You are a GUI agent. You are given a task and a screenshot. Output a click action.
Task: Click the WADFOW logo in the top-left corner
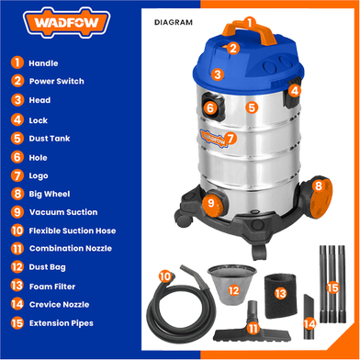tap(66, 23)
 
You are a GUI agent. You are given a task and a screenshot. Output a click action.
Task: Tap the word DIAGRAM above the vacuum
tap(174, 22)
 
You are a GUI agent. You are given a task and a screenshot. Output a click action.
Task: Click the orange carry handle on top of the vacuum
tap(250, 31)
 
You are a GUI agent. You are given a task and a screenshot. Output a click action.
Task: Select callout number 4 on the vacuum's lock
tap(294, 91)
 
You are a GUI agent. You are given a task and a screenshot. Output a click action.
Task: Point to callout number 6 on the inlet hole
tap(210, 107)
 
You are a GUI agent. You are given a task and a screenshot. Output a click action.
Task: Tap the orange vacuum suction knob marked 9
tap(212, 203)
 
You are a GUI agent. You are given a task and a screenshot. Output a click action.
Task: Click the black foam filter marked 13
tap(280, 295)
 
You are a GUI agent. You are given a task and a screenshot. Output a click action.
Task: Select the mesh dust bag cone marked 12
tap(232, 286)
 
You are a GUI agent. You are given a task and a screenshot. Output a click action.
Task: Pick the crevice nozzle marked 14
tap(309, 317)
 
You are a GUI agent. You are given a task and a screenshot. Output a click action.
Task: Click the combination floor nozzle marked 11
tap(253, 326)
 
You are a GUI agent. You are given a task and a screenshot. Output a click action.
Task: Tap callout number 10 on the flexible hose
tap(165, 276)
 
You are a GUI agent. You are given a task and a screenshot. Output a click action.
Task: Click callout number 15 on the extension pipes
tap(332, 287)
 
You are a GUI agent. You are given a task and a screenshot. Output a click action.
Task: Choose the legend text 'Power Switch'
tap(57, 82)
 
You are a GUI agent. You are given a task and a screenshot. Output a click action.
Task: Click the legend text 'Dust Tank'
tap(50, 139)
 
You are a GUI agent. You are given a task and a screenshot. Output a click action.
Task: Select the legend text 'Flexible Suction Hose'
tap(73, 231)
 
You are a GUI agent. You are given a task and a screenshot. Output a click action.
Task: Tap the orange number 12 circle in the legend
tap(17, 267)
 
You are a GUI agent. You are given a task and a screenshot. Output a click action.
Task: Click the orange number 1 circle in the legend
tap(17, 62)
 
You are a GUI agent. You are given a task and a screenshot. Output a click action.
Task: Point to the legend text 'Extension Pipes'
tap(62, 323)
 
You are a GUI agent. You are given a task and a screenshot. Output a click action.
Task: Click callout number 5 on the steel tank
tap(252, 107)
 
